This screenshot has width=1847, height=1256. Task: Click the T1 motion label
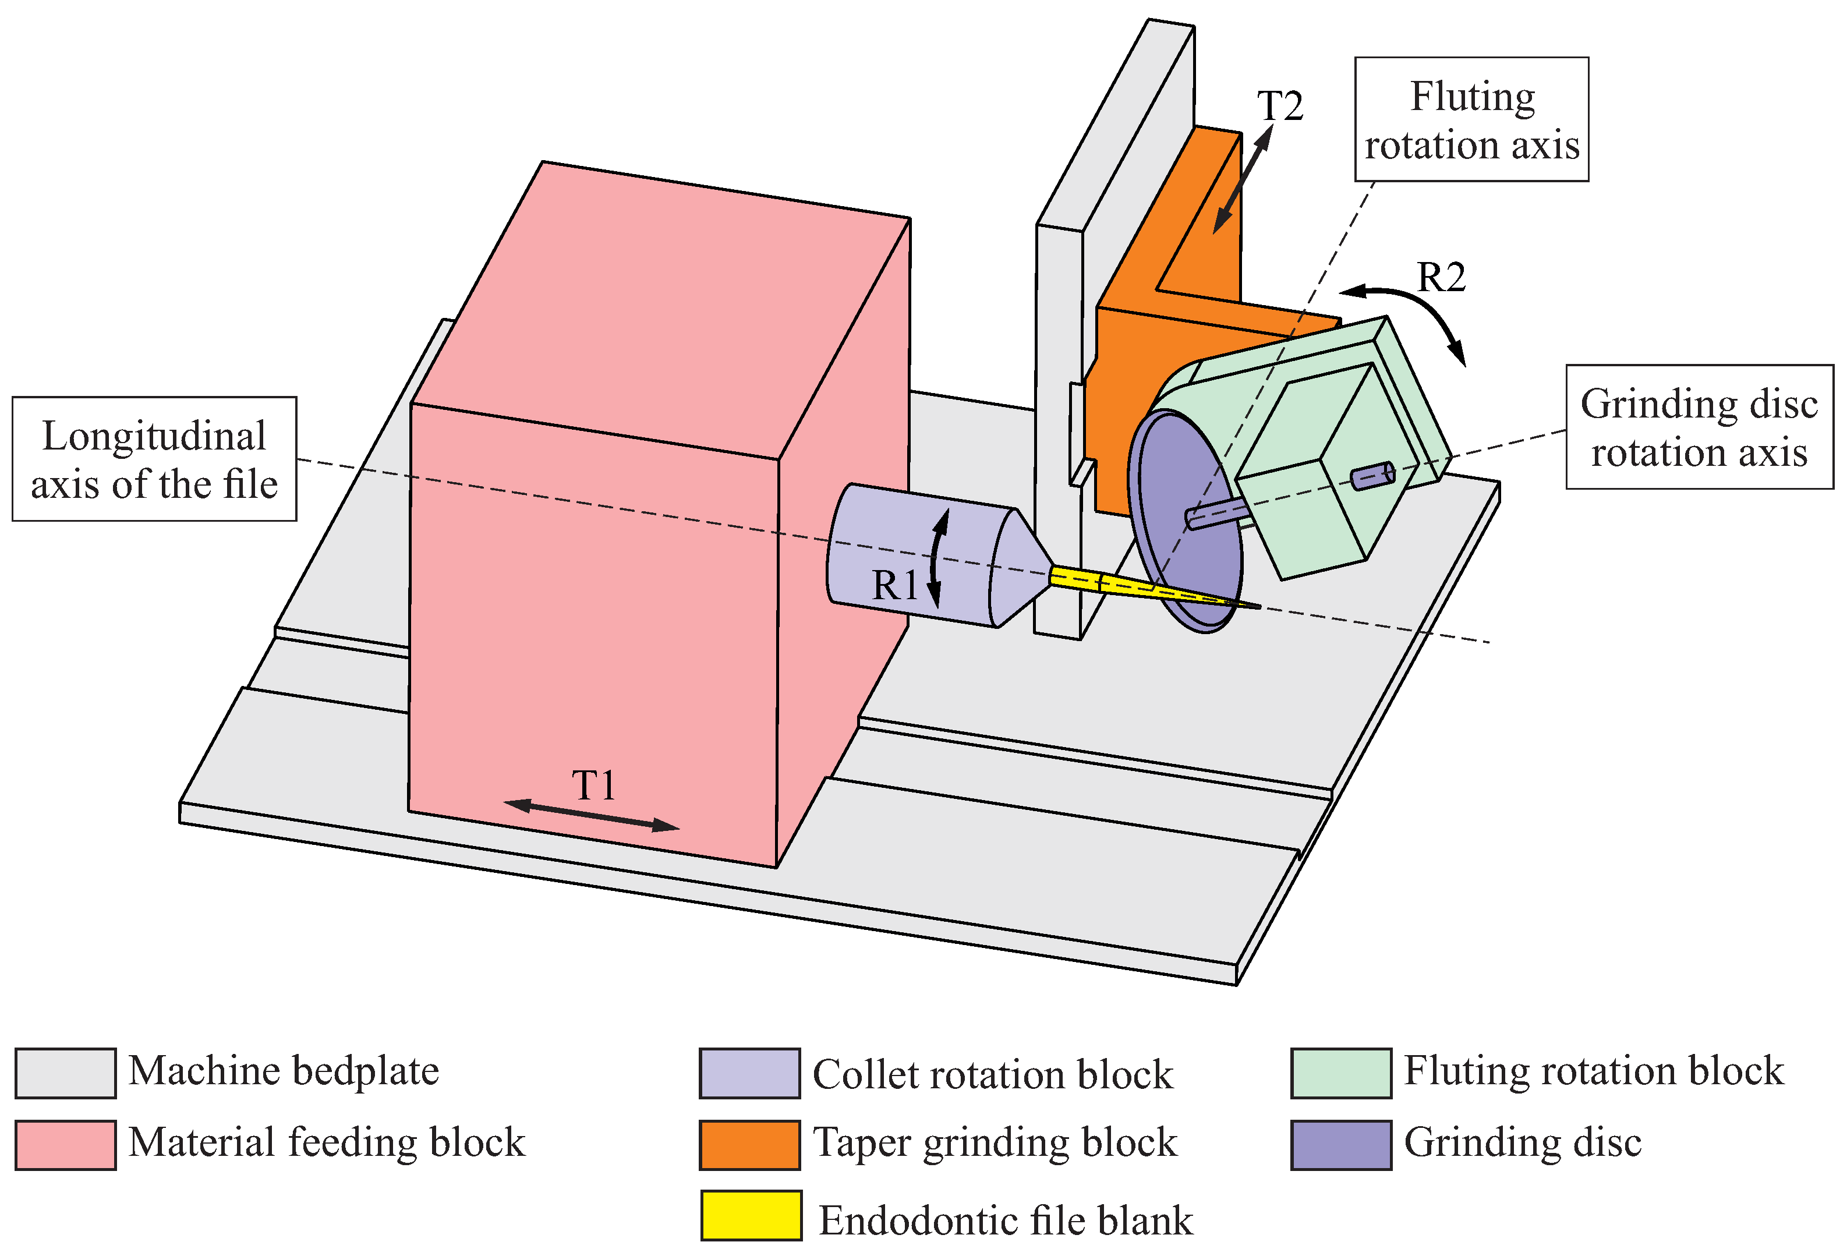pos(594,786)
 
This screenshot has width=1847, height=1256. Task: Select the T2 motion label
pos(1279,106)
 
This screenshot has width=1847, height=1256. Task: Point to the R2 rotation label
pos(1441,277)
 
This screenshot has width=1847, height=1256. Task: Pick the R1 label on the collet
pos(896,586)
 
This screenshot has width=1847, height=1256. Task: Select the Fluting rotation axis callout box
pos(1471,119)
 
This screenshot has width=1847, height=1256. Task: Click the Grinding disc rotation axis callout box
pos(1699,427)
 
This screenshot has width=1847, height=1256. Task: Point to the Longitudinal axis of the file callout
pos(154,459)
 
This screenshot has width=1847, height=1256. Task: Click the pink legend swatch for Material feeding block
pos(65,1145)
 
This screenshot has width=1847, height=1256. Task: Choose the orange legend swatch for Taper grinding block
pos(749,1145)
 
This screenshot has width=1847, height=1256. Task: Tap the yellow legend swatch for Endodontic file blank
pos(751,1215)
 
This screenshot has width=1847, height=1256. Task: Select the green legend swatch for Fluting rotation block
pos(1341,1073)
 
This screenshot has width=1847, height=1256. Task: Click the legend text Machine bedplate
pos(284,1071)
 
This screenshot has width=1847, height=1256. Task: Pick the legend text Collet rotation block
pos(992,1075)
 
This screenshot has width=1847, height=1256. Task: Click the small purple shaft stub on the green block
pos(1372,475)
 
